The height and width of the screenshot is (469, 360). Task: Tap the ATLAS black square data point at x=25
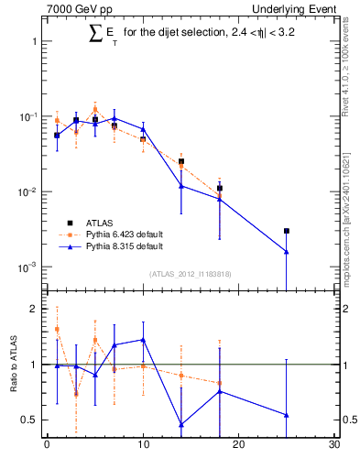pyautogui.click(x=287, y=231)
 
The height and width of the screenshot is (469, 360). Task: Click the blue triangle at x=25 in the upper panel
pyautogui.click(x=287, y=252)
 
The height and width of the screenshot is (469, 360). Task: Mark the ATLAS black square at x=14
pyautogui.click(x=181, y=161)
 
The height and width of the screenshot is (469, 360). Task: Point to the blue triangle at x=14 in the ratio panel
pyautogui.click(x=181, y=424)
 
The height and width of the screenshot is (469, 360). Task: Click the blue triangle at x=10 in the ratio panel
pyautogui.click(x=143, y=340)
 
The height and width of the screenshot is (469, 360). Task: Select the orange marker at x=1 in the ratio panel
pyautogui.click(x=57, y=330)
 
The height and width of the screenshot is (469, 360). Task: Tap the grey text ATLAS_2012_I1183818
pyautogui.click(x=191, y=274)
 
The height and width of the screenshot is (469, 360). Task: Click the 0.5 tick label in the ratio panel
pyautogui.click(x=29, y=420)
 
